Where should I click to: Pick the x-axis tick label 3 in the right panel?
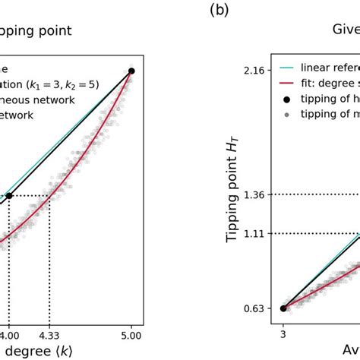point(283,332)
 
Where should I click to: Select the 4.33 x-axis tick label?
point(49,332)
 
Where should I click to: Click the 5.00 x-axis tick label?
point(131,332)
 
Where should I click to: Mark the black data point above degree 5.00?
point(131,71)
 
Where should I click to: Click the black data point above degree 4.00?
point(9,196)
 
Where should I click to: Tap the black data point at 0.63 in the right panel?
point(283,308)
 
